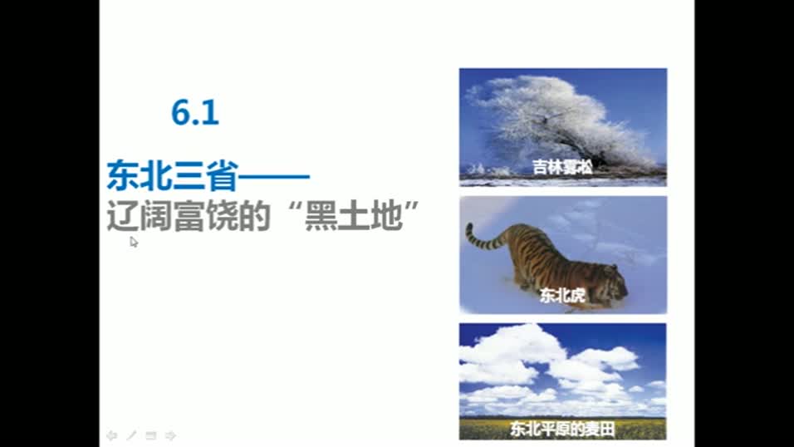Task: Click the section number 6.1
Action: coord(195,112)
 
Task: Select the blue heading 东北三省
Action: coord(172,176)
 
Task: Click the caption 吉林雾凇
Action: coord(562,167)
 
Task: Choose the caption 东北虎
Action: coord(562,295)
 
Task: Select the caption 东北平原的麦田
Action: coord(562,430)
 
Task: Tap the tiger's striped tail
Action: coord(482,238)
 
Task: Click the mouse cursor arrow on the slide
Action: coord(134,241)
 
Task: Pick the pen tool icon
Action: coord(131,435)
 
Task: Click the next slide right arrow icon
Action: coord(170,435)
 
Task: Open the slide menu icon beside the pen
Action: coord(151,435)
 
